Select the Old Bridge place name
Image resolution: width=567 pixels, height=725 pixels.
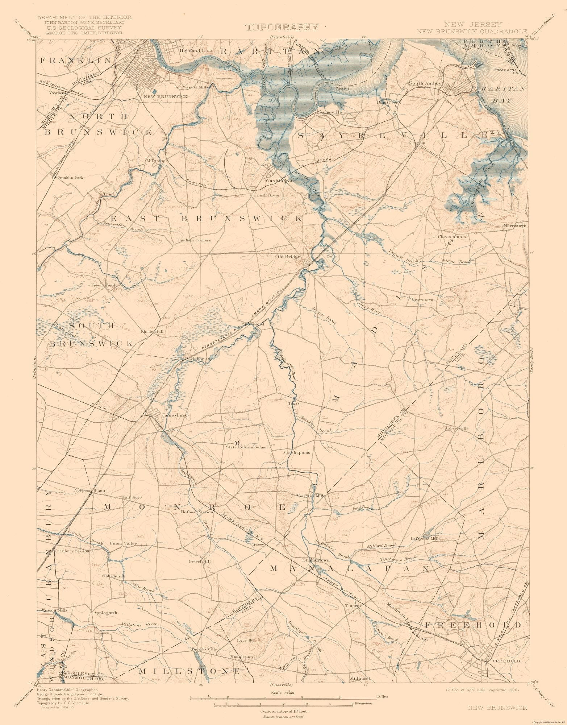[x=288, y=257]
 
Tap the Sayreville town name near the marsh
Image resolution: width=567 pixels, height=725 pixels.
[x=330, y=112]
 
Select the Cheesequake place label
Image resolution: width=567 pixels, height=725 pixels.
[x=453, y=237]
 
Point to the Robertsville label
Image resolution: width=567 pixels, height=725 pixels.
[x=456, y=428]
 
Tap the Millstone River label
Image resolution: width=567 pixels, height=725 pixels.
[x=139, y=624]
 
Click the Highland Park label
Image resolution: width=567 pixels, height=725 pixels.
[x=196, y=51]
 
